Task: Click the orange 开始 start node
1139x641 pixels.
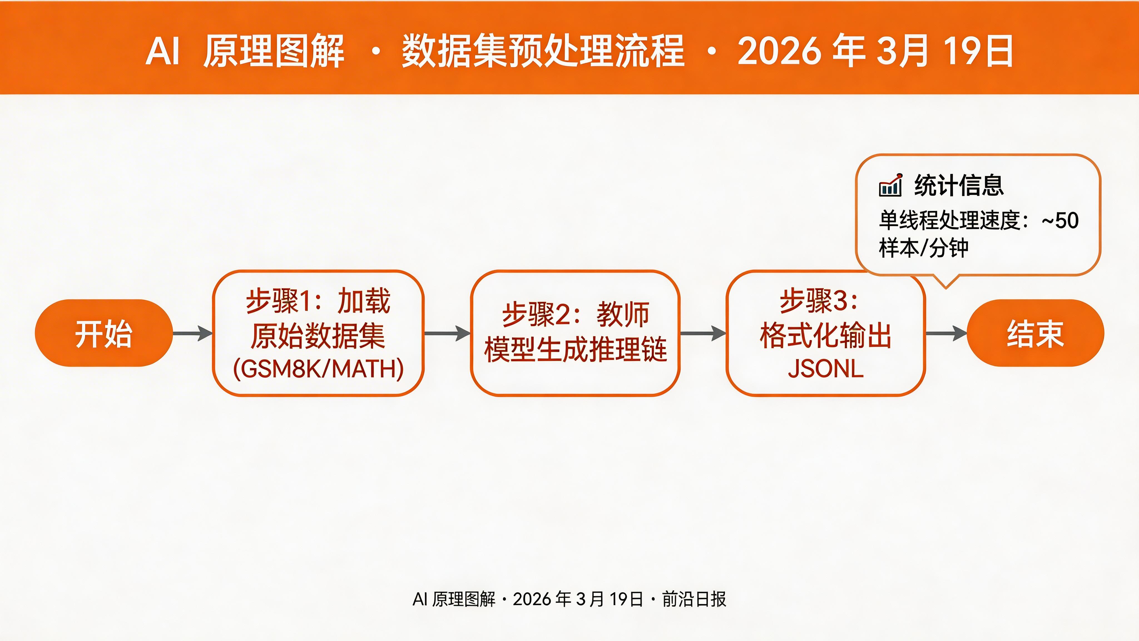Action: [x=103, y=333]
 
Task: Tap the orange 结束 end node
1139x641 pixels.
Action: [x=1035, y=333]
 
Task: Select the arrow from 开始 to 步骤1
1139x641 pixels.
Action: [x=193, y=333]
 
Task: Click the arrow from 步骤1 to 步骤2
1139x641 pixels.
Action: [x=447, y=333]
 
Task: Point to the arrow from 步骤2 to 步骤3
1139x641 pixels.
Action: [x=703, y=333]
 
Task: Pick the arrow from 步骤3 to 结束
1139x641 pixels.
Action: [x=946, y=333]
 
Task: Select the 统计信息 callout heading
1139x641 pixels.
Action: [x=959, y=185]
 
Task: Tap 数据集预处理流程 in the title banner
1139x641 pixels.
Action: [x=543, y=51]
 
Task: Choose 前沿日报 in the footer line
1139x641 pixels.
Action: [x=694, y=599]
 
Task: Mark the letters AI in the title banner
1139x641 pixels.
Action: [x=162, y=51]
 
